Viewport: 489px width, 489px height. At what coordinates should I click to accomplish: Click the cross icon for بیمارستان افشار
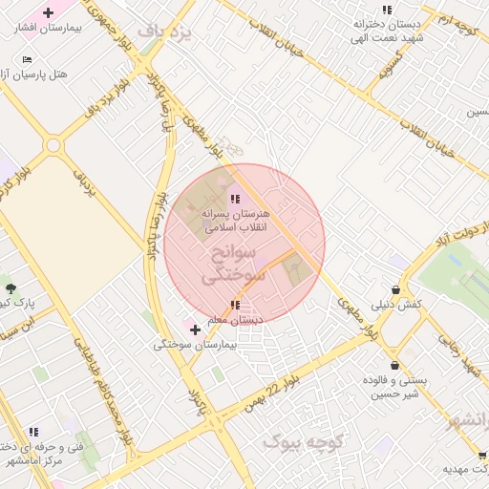(49, 13)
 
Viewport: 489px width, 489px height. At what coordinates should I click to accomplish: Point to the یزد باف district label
(164, 32)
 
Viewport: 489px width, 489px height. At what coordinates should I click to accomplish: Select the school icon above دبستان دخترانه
(387, 10)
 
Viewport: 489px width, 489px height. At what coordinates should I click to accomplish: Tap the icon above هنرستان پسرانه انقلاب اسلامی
(236, 199)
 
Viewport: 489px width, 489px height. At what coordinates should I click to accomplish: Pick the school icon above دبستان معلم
(235, 306)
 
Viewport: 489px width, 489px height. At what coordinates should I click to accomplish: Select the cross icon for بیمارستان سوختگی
(196, 330)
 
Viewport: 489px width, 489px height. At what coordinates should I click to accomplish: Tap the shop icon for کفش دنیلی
(395, 289)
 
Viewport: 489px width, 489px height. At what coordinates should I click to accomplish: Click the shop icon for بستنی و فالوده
(393, 365)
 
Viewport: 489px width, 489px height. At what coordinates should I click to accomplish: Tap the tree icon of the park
(11, 287)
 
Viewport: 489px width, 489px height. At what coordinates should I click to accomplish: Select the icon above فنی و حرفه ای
(33, 433)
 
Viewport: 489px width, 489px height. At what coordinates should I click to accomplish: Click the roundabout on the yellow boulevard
(53, 145)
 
